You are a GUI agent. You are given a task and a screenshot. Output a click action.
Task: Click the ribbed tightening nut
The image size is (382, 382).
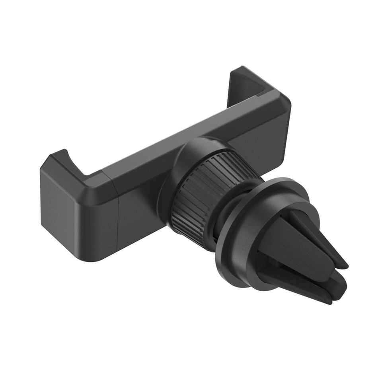click(x=199, y=191)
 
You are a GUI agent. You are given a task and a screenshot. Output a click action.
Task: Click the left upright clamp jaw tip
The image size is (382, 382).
click(x=60, y=153)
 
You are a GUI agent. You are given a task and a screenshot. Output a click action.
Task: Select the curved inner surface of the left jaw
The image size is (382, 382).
click(x=76, y=163)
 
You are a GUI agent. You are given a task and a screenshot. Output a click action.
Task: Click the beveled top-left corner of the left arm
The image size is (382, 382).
click(x=48, y=163)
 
